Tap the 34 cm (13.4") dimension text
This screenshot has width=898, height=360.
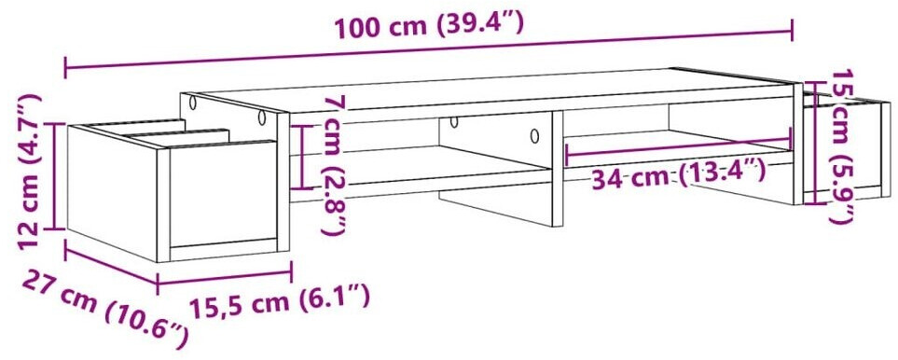point(678,173)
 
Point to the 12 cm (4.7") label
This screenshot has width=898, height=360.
point(30,172)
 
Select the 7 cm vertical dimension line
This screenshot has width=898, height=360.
point(301,157)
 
